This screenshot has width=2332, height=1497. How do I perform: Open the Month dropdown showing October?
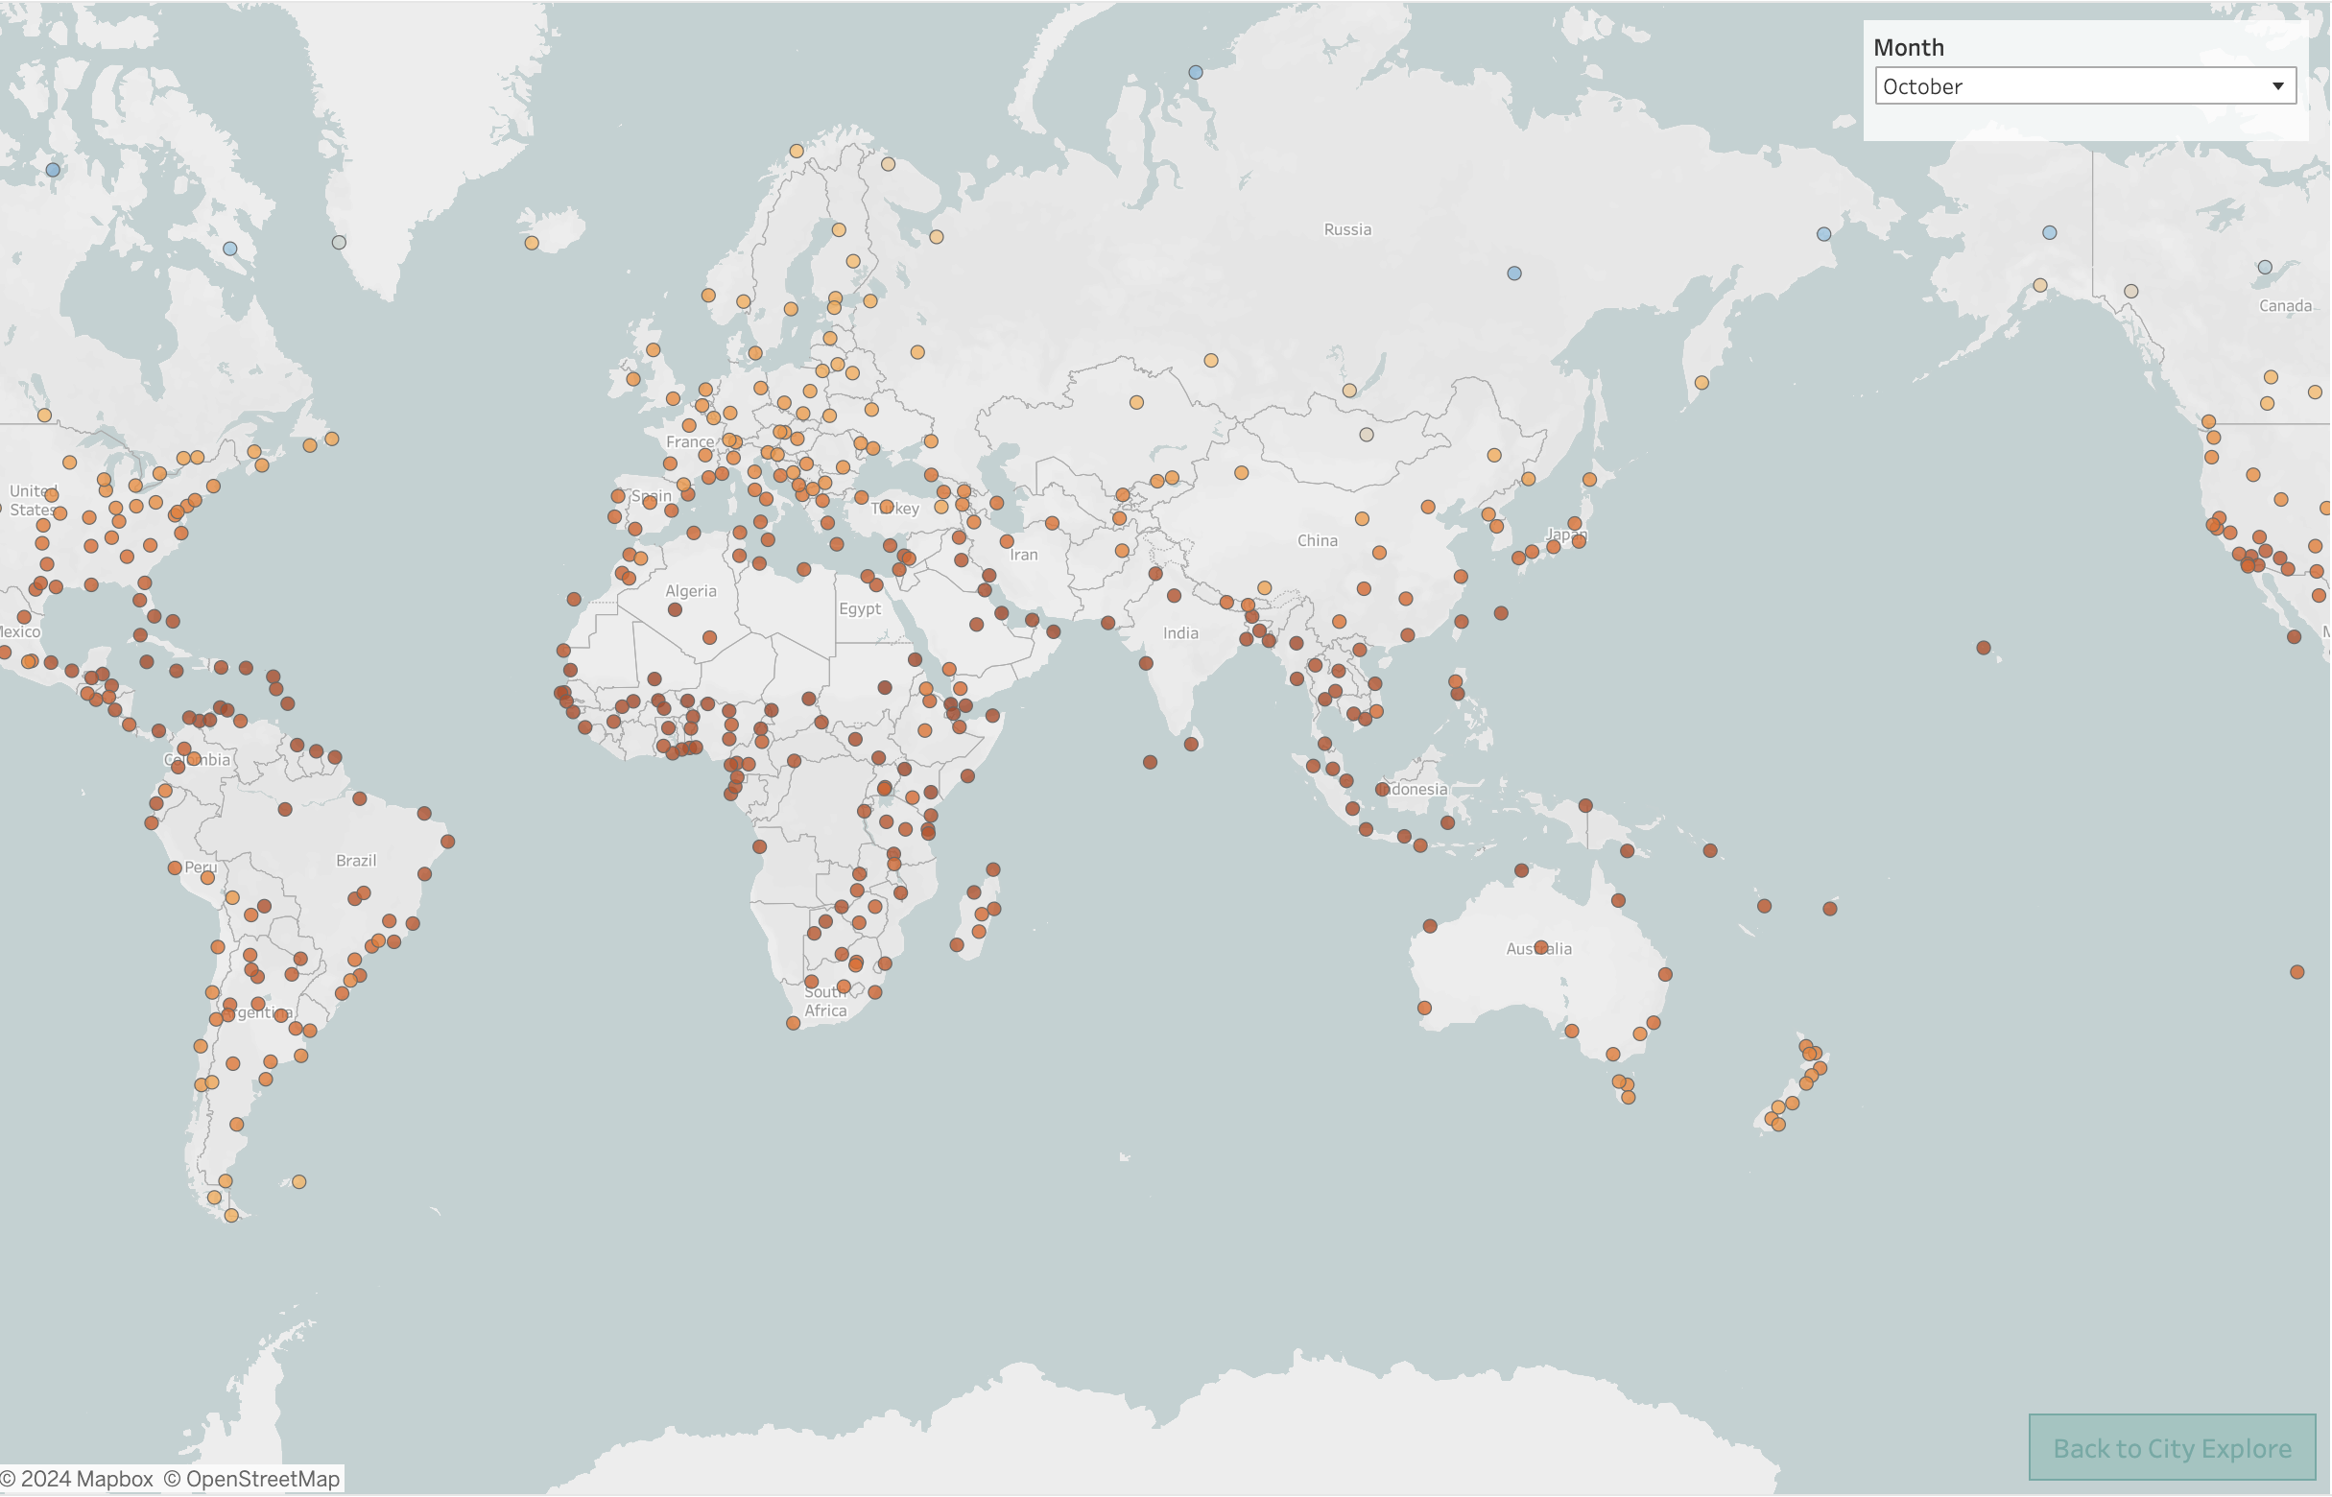click(x=2084, y=86)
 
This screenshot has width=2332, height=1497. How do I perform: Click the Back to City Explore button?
click(x=2172, y=1448)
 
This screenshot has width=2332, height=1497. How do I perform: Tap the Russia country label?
click(x=1347, y=229)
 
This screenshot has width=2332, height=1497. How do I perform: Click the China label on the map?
click(x=1318, y=540)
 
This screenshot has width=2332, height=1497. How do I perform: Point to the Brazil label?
click(x=356, y=860)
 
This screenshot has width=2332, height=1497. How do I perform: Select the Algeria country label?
click(x=690, y=591)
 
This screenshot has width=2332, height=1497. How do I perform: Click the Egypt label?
click(x=859, y=608)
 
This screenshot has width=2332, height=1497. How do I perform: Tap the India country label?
click(x=1180, y=632)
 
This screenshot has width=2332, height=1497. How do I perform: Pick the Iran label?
click(x=1024, y=555)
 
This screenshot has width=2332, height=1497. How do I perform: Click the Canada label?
click(x=2284, y=306)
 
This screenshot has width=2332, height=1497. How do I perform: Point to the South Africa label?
click(x=825, y=1001)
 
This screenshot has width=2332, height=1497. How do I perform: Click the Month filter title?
click(x=1908, y=48)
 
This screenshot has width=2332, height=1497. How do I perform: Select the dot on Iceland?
click(x=532, y=243)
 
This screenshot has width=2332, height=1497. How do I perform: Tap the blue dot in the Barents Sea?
click(x=1196, y=72)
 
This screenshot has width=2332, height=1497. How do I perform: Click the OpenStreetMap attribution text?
click(x=251, y=1479)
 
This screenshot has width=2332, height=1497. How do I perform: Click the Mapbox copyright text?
click(x=77, y=1479)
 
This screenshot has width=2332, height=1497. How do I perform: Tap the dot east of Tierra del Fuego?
click(x=299, y=1182)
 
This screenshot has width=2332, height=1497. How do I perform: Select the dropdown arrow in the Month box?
click(x=2277, y=86)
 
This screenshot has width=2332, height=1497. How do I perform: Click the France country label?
click(x=689, y=442)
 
